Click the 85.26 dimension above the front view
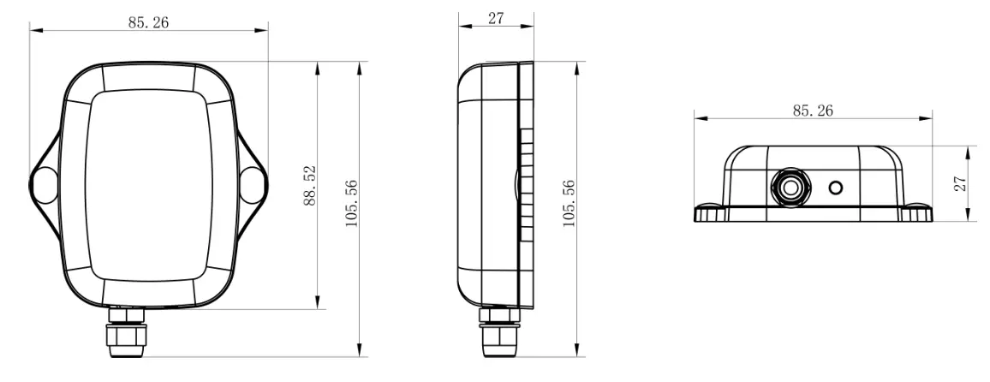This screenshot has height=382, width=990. pyautogui.click(x=148, y=23)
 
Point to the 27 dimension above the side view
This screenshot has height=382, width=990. pyautogui.click(x=496, y=18)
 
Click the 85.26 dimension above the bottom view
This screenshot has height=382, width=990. pyautogui.click(x=813, y=110)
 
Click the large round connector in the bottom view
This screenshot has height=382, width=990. pyautogui.click(x=789, y=186)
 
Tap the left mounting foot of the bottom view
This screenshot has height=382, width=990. pyautogui.click(x=710, y=212)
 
